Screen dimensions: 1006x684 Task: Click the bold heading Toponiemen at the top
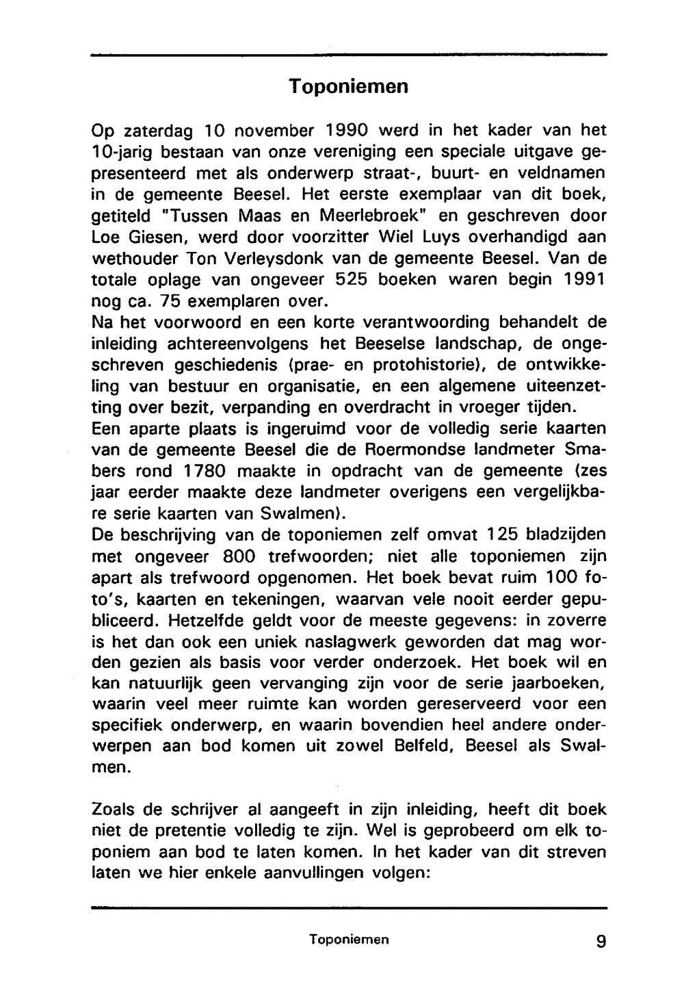348,87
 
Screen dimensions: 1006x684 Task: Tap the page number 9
601,941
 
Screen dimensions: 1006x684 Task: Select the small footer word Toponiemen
348,940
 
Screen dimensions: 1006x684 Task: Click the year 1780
209,472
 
